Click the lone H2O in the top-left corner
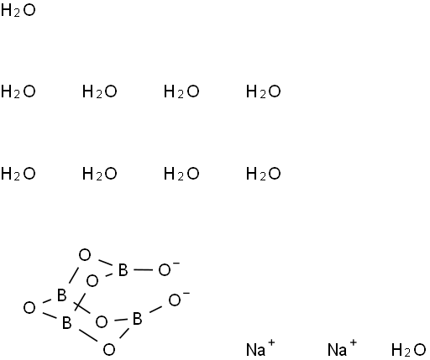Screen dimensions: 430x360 tap(18, 11)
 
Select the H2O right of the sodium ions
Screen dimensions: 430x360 tap(408, 350)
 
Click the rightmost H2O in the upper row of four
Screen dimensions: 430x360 tap(263, 91)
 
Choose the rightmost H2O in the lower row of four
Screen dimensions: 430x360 tap(263, 174)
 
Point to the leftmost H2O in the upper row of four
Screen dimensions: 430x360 tap(18, 91)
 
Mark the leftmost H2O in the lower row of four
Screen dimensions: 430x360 tap(18, 174)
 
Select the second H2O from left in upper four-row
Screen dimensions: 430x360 tap(100, 91)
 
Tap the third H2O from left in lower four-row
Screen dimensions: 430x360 tap(181, 174)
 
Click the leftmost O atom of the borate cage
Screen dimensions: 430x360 tap(29, 308)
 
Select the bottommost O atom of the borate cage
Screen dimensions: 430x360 tap(109, 349)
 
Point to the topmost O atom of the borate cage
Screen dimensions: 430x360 tap(85, 255)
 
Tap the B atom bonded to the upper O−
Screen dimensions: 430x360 tap(123, 270)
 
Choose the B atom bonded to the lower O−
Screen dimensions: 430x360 tap(137, 319)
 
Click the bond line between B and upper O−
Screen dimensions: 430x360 tap(143, 270)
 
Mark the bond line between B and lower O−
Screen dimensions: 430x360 tap(155, 310)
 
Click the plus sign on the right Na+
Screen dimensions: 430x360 tap(353, 342)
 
